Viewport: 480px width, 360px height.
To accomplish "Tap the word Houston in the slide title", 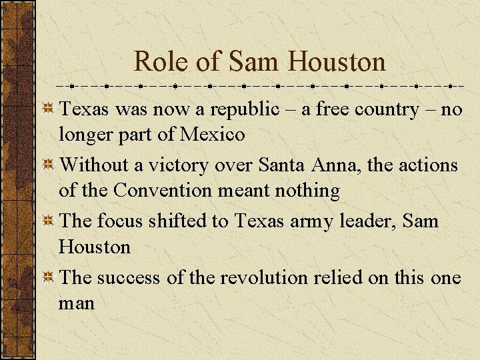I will coord(337,62).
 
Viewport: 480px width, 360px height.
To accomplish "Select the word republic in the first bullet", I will coord(241,109).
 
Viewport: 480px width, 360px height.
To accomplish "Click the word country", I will coord(375,109).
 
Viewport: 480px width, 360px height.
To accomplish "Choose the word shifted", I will coord(182,221).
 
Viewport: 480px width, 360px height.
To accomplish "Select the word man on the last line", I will coord(77,303).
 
